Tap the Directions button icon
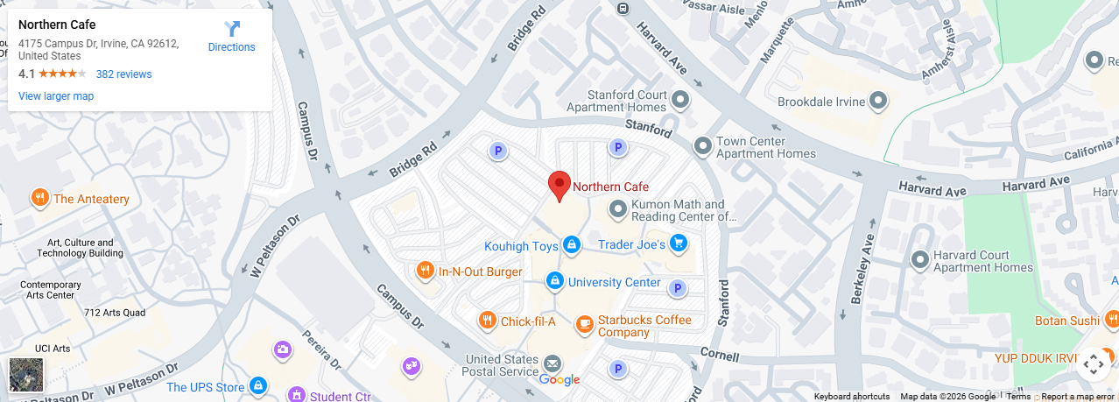(x=232, y=30)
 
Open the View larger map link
(x=56, y=96)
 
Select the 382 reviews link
(x=123, y=74)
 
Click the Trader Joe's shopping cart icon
(x=678, y=243)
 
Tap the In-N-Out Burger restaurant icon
(x=425, y=271)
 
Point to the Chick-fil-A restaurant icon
(x=487, y=321)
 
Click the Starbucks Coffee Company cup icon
(x=584, y=325)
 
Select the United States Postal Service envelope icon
(x=552, y=363)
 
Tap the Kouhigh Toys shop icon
(x=572, y=244)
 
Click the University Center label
(x=614, y=282)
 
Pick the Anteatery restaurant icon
(x=39, y=198)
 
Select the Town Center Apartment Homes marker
(x=702, y=145)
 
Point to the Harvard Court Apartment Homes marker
(x=920, y=259)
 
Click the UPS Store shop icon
(x=258, y=385)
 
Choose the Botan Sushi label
(x=1066, y=321)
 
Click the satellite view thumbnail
(x=25, y=374)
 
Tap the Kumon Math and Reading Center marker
(x=619, y=208)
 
